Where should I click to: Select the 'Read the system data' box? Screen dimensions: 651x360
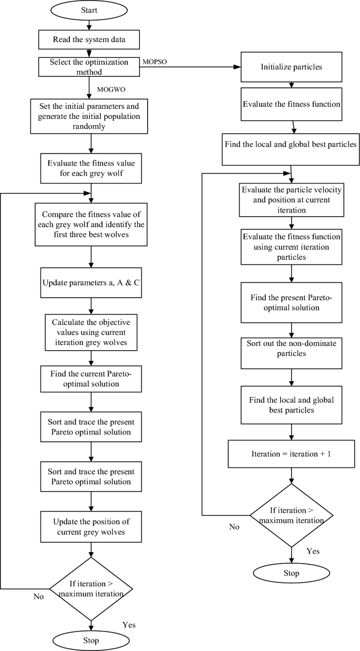pos(91,38)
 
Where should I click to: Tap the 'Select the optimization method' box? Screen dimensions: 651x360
pos(91,66)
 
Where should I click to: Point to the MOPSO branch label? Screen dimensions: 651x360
pos(156,62)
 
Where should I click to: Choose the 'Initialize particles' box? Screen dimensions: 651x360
pos(291,67)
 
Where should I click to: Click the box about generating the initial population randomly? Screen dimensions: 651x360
pos(91,116)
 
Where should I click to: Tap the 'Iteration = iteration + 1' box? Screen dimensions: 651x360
pos(291,453)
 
